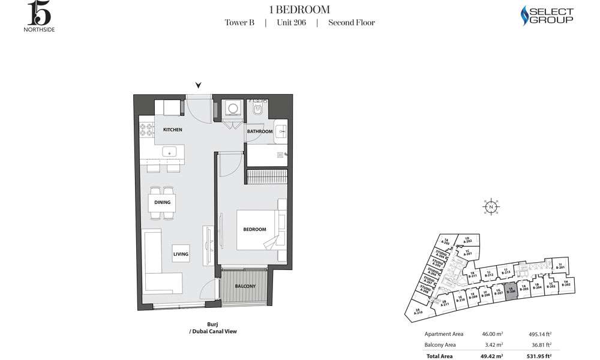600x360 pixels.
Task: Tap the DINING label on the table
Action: click(x=162, y=202)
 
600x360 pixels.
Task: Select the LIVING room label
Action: click(x=181, y=254)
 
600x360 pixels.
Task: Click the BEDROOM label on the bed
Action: click(x=254, y=229)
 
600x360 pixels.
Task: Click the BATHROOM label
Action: click(x=260, y=131)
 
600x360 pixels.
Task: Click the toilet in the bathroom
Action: click(x=257, y=109)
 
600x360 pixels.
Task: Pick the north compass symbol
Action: click(x=491, y=207)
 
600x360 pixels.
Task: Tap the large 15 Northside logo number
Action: click(x=34, y=12)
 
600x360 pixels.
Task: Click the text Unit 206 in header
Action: click(x=291, y=23)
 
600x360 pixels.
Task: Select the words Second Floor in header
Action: click(x=351, y=23)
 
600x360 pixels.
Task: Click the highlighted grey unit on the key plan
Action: click(x=511, y=289)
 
